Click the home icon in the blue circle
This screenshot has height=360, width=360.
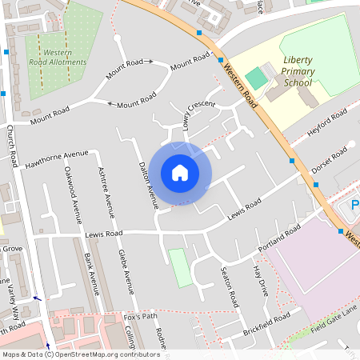point(180,173)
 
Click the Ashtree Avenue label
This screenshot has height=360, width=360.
point(102,192)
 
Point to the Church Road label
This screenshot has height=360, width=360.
point(16,145)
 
